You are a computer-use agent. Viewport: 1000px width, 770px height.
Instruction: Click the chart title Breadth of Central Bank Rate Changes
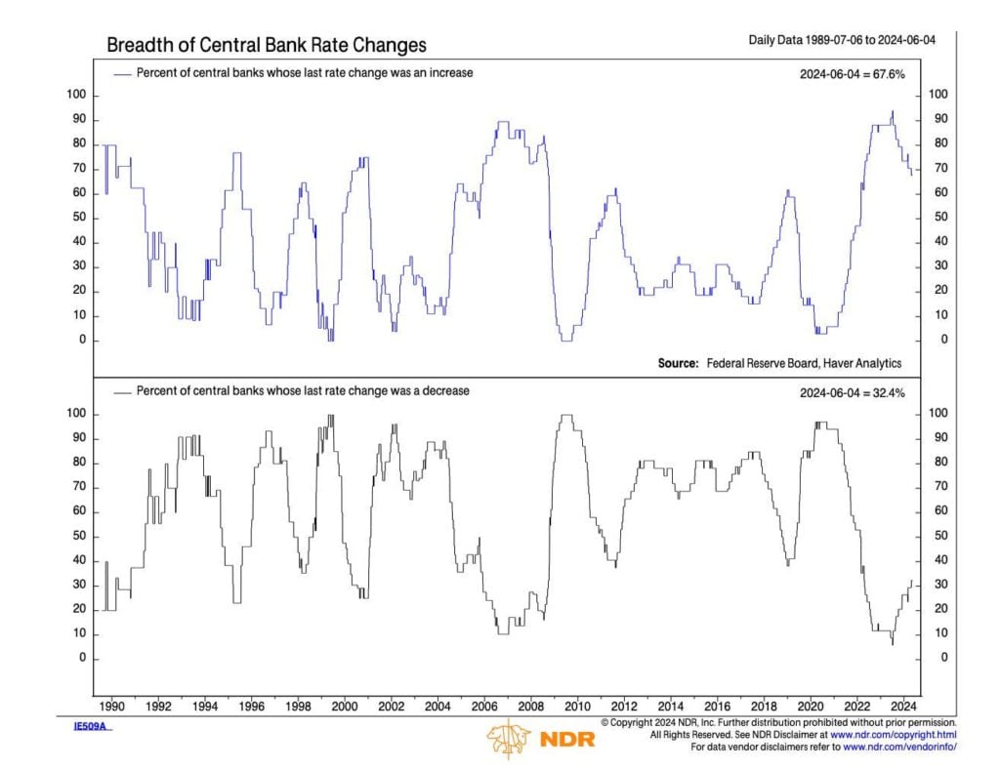click(266, 46)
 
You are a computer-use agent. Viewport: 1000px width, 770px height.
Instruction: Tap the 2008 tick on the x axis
click(530, 705)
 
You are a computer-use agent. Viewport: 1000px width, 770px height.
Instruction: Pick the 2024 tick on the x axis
click(904, 705)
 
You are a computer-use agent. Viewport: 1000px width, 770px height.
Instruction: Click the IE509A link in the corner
click(93, 727)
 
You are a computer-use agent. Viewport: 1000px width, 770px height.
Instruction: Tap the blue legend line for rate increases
click(123, 73)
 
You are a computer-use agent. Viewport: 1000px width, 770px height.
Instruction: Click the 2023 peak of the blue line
click(892, 112)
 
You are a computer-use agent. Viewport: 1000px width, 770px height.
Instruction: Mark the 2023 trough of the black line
click(892, 643)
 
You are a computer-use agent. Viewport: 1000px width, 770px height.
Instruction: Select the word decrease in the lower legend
click(444, 391)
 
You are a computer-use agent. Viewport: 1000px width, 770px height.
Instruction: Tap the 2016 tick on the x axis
click(718, 705)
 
